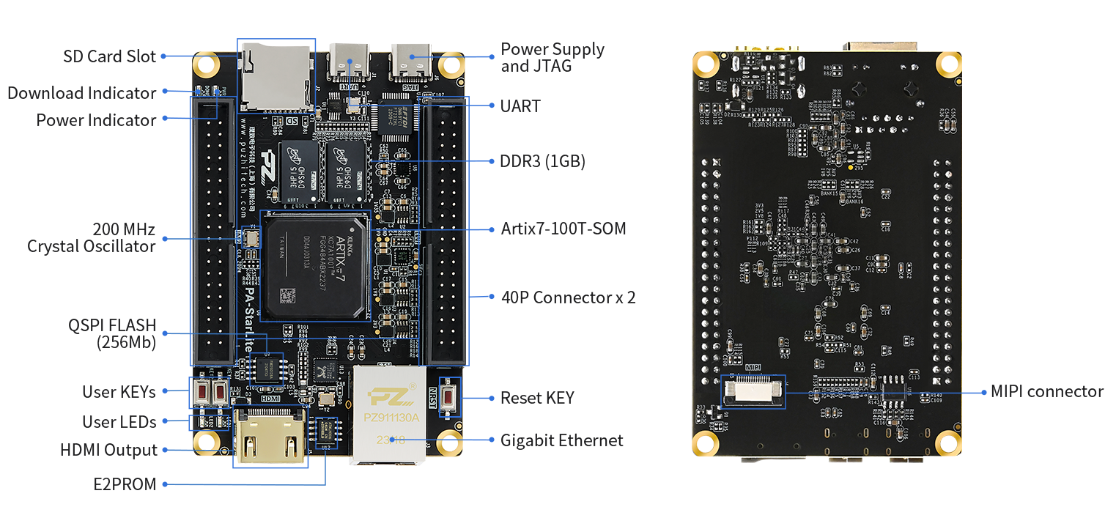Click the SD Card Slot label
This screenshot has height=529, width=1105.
109,56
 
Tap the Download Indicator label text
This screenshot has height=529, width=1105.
81,93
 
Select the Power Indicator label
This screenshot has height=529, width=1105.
96,119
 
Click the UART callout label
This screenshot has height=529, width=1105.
520,106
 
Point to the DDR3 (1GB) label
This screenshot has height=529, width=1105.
542,162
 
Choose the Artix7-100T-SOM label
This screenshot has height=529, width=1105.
563,229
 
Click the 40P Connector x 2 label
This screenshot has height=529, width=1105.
568,297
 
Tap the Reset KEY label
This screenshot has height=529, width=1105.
537,398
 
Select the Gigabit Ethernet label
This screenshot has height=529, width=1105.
561,440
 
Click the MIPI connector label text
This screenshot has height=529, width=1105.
1046,391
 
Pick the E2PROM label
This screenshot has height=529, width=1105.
125,484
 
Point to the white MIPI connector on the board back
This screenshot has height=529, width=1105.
753,392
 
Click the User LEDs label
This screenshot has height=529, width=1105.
119,422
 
